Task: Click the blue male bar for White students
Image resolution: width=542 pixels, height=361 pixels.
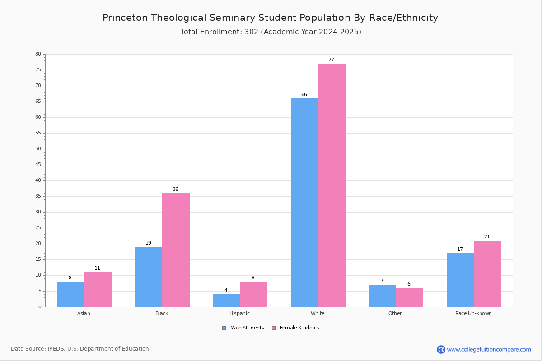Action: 304,203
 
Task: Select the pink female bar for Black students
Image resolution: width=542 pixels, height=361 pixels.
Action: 176,250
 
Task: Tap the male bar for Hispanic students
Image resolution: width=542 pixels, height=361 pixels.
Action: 226,301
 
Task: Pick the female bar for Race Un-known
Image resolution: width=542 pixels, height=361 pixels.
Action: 487,274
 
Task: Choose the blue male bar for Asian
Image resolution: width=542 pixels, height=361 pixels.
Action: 70,294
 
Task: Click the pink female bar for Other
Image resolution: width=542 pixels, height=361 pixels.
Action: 409,297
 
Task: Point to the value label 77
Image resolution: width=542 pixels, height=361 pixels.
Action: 331,60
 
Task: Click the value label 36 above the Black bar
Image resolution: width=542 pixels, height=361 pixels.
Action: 175,189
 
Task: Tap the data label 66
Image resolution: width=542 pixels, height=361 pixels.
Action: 304,94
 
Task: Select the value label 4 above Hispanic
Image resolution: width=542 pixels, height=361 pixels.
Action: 226,290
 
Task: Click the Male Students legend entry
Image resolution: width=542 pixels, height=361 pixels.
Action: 243,328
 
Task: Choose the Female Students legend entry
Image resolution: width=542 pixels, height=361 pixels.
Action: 296,328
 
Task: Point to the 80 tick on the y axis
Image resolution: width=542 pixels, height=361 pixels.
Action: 38,54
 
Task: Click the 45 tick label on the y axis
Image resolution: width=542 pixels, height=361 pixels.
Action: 38,165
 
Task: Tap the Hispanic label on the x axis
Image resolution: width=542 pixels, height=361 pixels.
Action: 239,313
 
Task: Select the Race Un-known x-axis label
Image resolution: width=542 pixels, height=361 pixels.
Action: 473,313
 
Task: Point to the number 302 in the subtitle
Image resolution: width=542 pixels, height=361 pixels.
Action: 252,32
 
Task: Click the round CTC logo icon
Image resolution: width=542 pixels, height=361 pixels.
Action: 441,349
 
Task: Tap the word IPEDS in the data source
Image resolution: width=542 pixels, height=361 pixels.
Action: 56,349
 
